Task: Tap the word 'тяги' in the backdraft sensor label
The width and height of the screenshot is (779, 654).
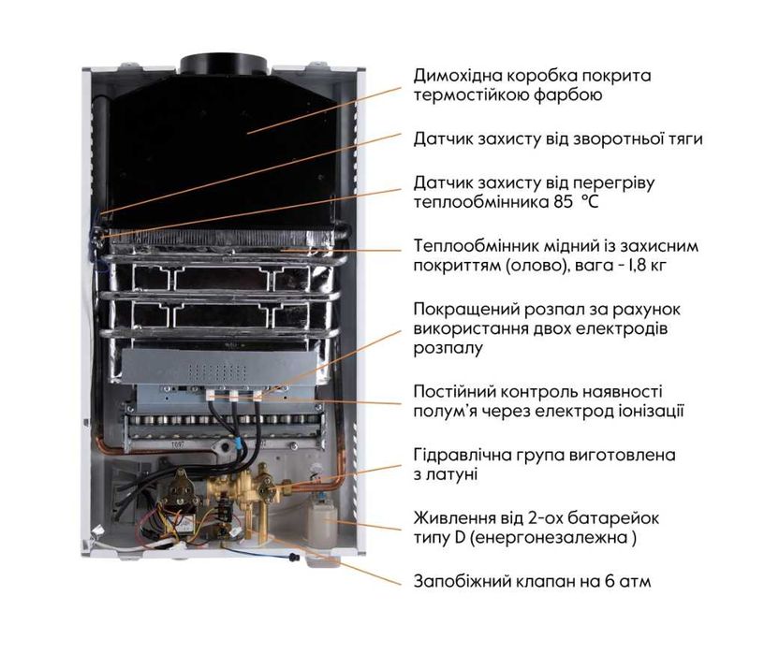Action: (683, 138)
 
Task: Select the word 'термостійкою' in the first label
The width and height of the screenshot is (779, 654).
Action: (469, 95)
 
